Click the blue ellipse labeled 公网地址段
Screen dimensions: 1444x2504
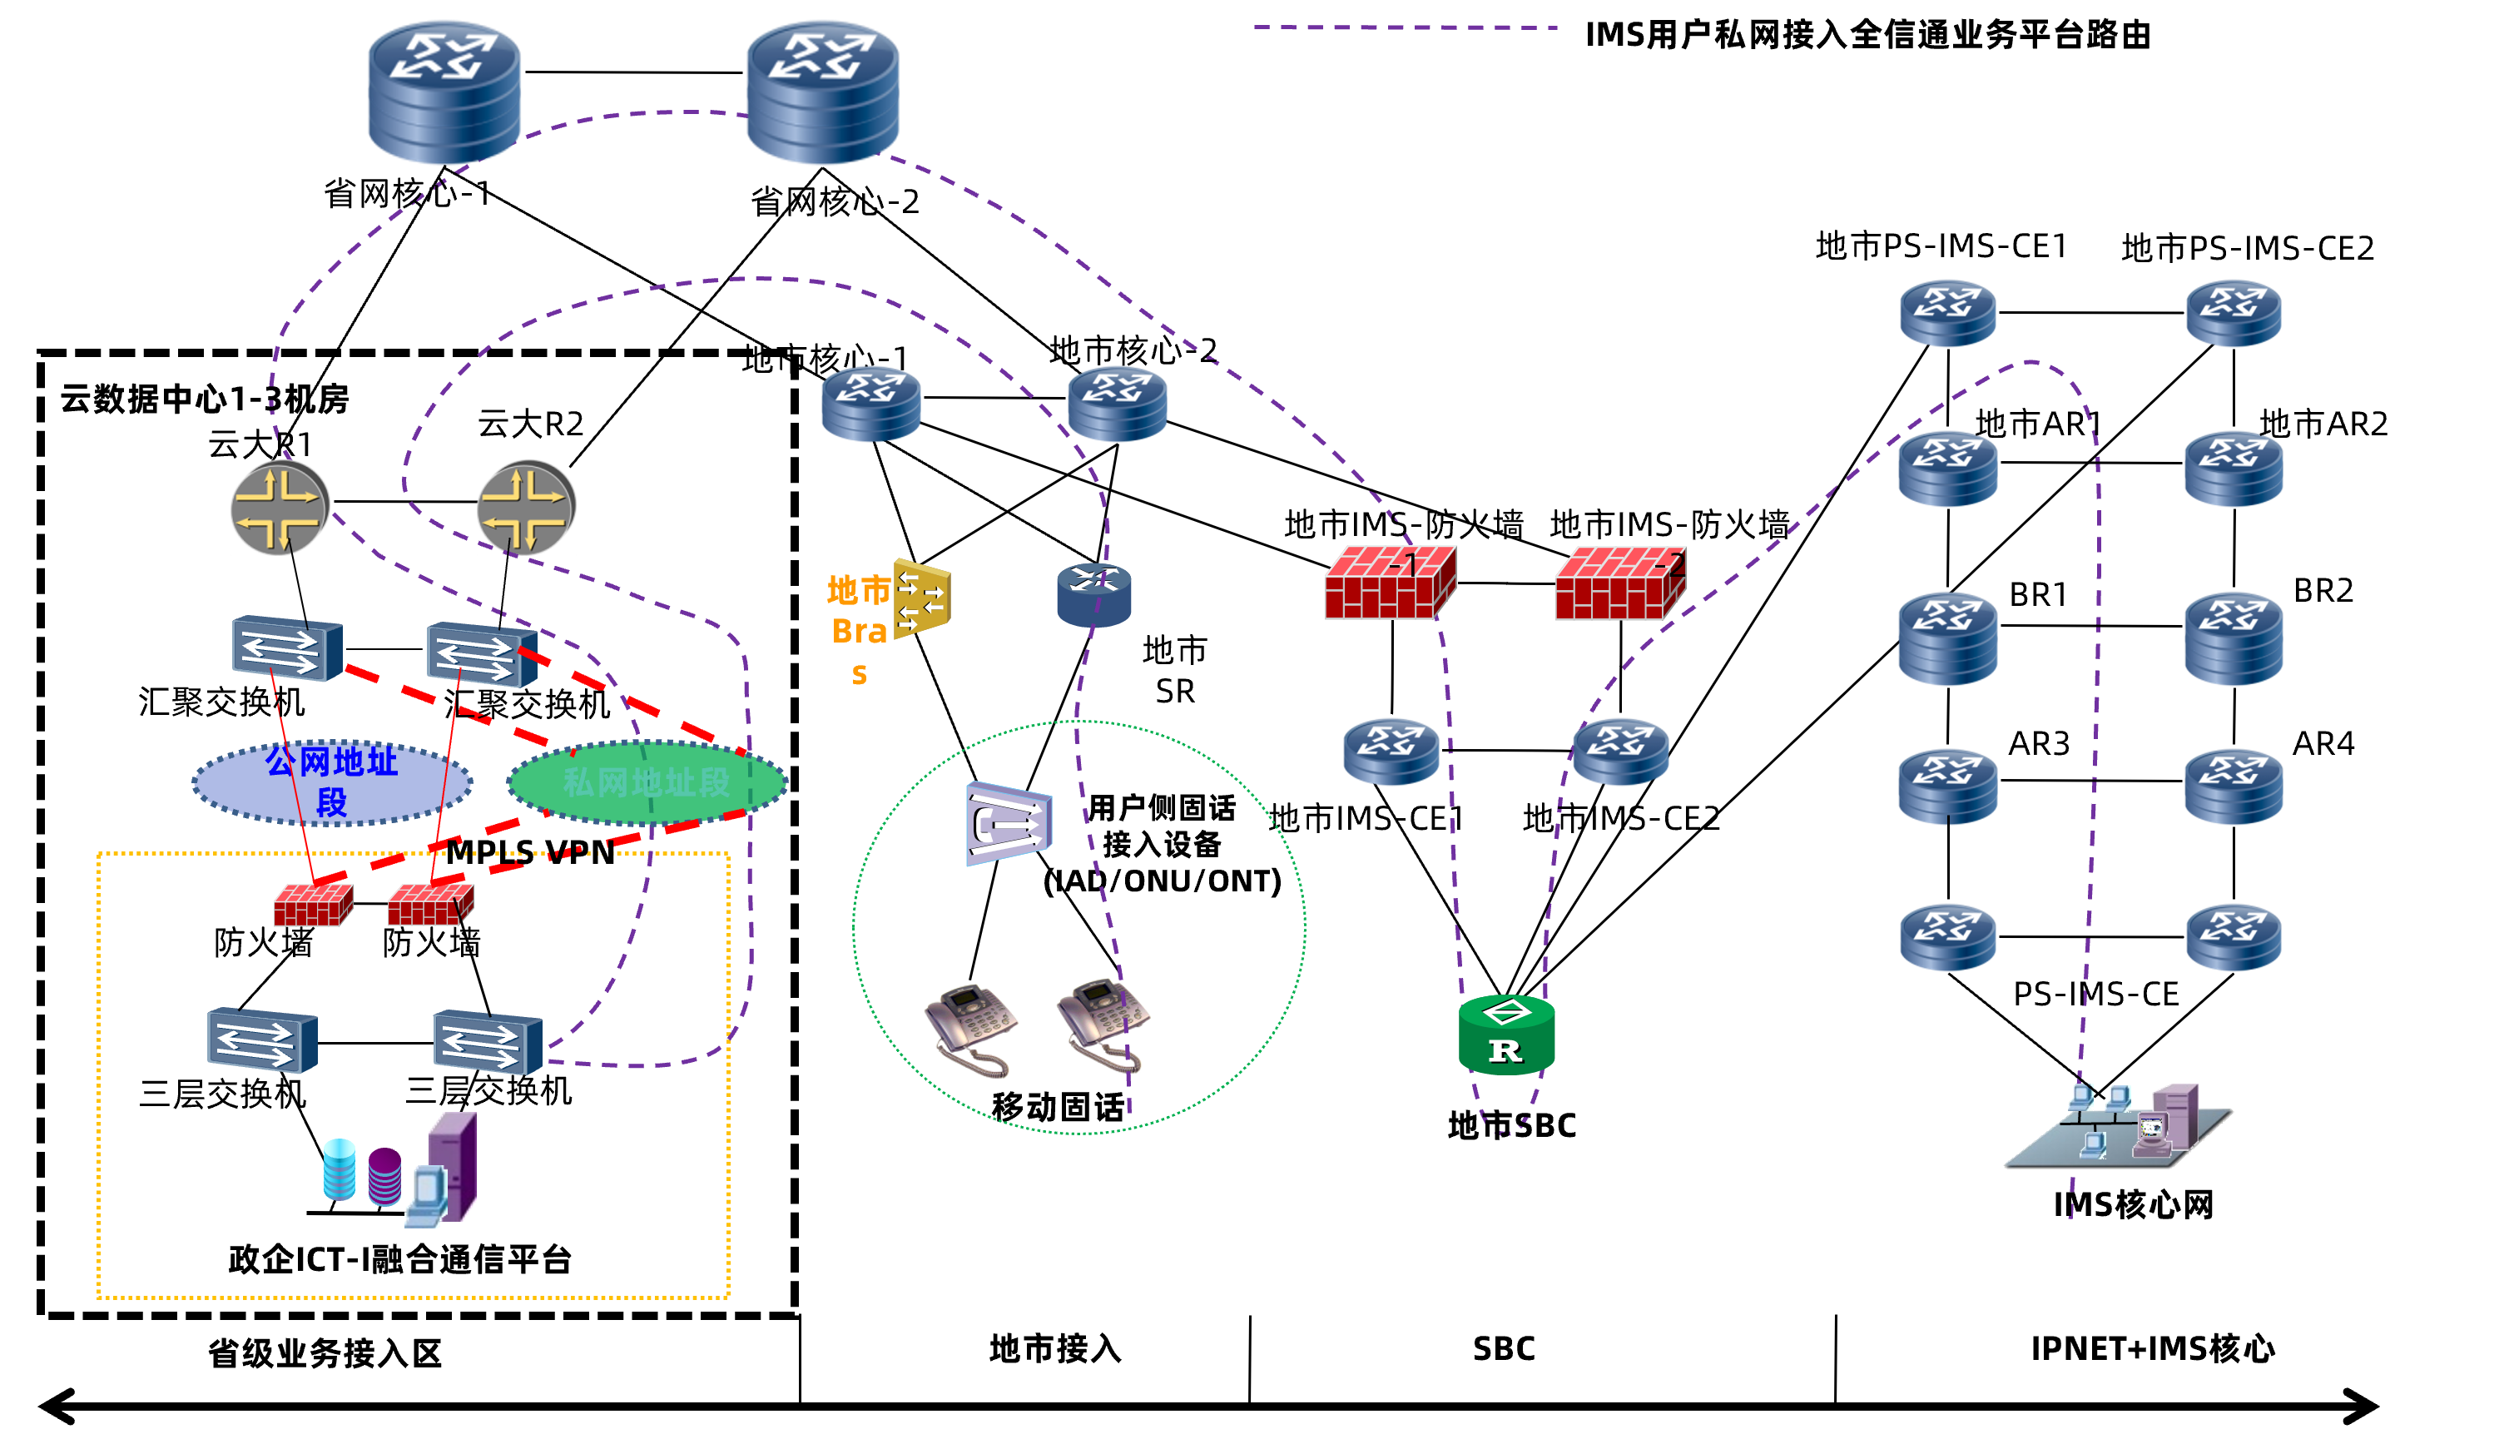(x=331, y=782)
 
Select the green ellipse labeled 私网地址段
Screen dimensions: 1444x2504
(x=647, y=782)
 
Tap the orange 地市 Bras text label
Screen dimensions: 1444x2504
(x=859, y=630)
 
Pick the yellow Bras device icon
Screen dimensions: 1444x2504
(x=922, y=599)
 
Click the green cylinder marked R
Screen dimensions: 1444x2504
(x=1506, y=1035)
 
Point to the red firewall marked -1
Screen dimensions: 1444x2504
(x=1391, y=583)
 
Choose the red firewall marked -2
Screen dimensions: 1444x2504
(x=1620, y=583)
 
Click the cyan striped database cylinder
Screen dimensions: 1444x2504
(x=340, y=1169)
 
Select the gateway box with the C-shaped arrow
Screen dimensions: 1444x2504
(x=1009, y=823)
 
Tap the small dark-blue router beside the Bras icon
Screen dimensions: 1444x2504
(x=1093, y=595)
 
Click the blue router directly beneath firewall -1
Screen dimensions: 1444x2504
(x=1391, y=752)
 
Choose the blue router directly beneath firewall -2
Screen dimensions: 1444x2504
(x=1620, y=752)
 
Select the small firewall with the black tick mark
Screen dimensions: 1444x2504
(x=430, y=905)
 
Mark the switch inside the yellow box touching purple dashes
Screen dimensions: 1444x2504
(x=488, y=1041)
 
